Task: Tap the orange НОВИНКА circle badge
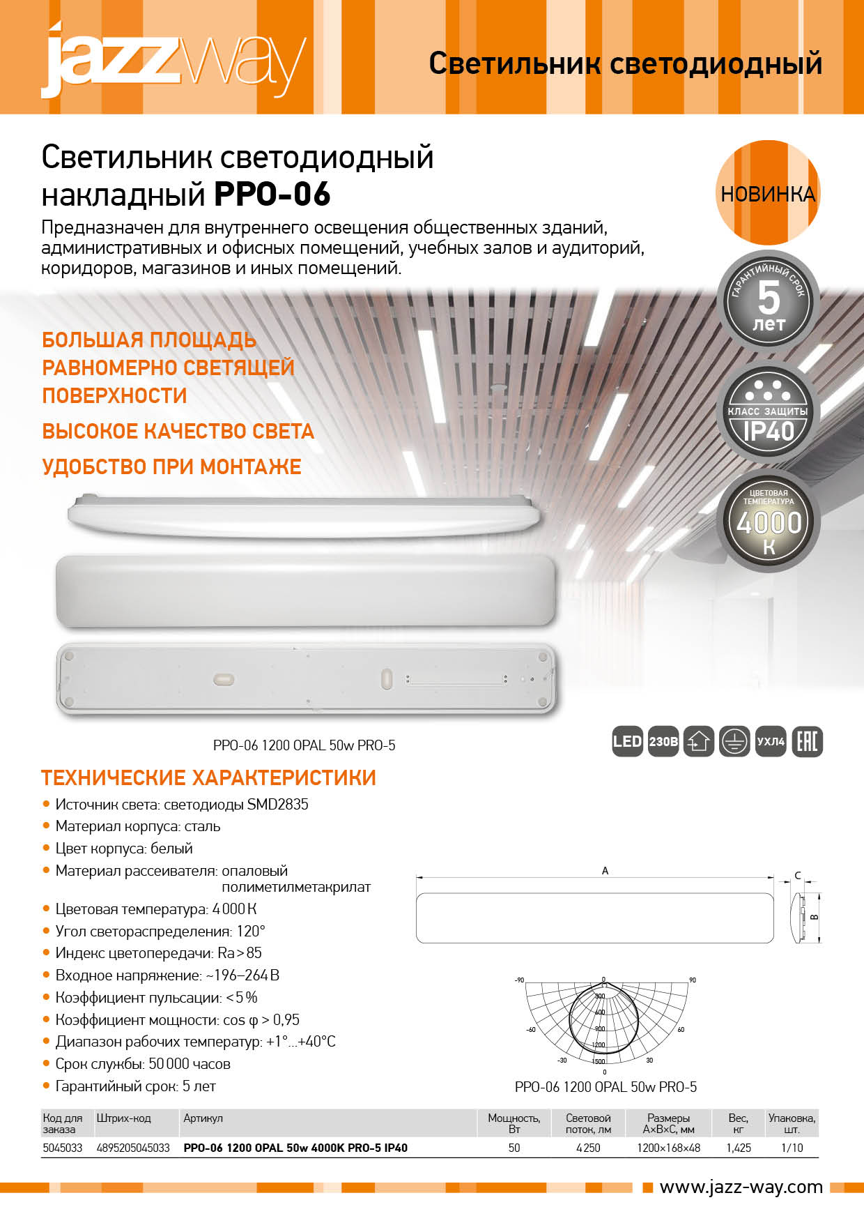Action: click(768, 193)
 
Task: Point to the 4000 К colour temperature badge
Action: click(768, 523)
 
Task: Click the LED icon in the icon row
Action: click(626, 741)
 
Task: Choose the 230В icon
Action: click(663, 741)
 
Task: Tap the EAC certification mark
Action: click(807, 741)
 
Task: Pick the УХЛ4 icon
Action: click(771, 741)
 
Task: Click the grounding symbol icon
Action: click(734, 741)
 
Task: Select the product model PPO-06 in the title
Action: click(272, 195)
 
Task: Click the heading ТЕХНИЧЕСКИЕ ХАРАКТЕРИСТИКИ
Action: click(208, 777)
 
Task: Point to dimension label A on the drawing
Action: click(605, 871)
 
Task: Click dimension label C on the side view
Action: click(798, 876)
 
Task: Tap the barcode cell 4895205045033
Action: click(133, 1148)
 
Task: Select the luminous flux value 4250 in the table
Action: click(588, 1148)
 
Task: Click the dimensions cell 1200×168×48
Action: click(668, 1148)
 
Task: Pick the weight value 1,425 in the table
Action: click(738, 1148)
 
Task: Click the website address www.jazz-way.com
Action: click(741, 1187)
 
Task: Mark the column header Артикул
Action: click(203, 1118)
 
